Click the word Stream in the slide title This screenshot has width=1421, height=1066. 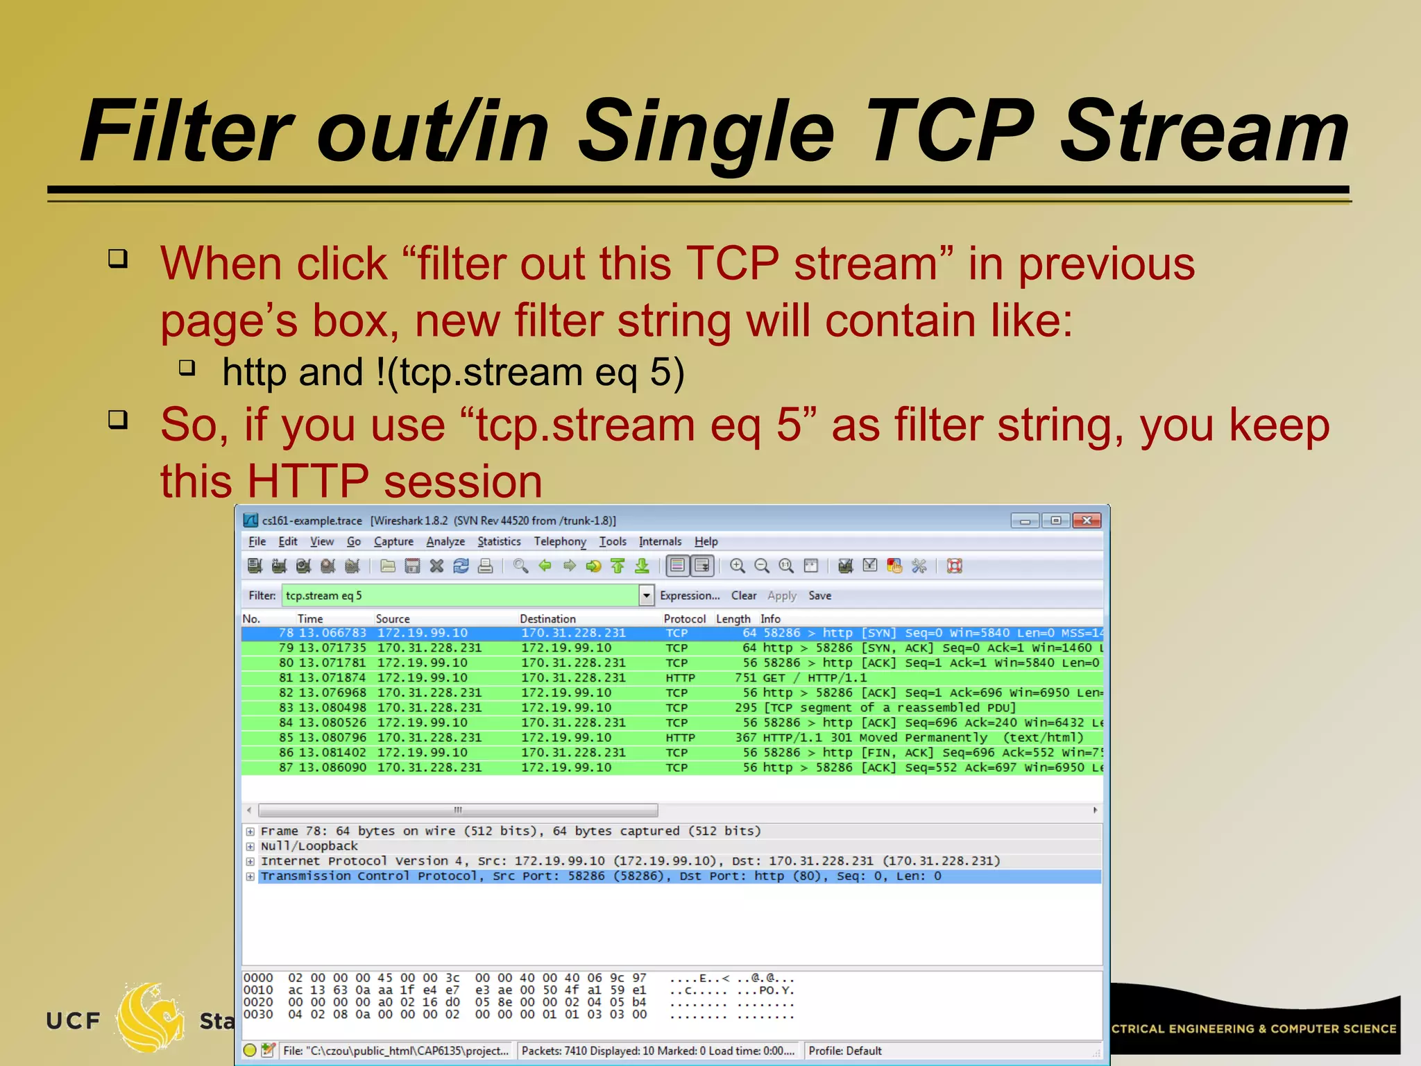click(x=1204, y=132)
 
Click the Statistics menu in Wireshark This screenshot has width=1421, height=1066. click(x=499, y=541)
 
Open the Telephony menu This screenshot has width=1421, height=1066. click(x=559, y=541)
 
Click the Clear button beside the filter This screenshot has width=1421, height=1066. click(x=743, y=595)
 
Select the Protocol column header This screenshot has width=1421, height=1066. click(x=683, y=618)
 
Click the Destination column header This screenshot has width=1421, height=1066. click(x=547, y=618)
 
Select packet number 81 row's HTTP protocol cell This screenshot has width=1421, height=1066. click(x=680, y=678)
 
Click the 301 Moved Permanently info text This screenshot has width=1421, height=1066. click(x=909, y=738)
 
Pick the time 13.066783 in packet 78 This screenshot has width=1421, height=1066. click(x=332, y=633)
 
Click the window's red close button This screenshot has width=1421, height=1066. click(x=1087, y=521)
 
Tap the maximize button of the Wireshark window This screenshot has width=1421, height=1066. click(x=1055, y=521)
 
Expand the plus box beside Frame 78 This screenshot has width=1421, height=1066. click(x=250, y=831)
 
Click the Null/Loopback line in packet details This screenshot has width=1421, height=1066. click(x=309, y=846)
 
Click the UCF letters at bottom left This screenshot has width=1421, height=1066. click(x=74, y=1021)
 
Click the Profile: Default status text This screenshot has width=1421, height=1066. click(x=844, y=1051)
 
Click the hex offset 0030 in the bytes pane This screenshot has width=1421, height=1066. click(x=257, y=1015)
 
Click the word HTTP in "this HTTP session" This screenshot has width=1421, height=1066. click(x=307, y=481)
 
